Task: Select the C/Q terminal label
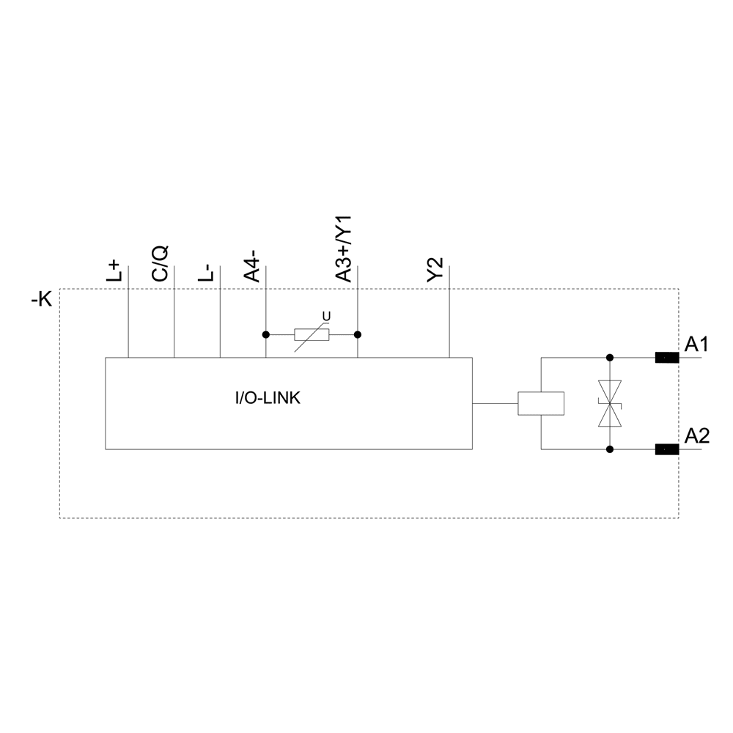pyautogui.click(x=160, y=263)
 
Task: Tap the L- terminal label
pyautogui.click(x=207, y=273)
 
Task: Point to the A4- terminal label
pyautogui.click(x=252, y=266)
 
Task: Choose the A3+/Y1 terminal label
pyautogui.click(x=344, y=248)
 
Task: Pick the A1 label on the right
pyautogui.click(x=696, y=344)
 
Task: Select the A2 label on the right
pyautogui.click(x=696, y=436)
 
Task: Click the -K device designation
pyautogui.click(x=42, y=300)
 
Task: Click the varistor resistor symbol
pyautogui.click(x=312, y=335)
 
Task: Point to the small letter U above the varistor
pyautogui.click(x=327, y=316)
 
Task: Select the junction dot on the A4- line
pyautogui.click(x=265, y=335)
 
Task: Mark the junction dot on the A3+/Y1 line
pyautogui.click(x=358, y=335)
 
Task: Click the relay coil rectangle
pyautogui.click(x=541, y=404)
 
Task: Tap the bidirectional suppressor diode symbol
pyautogui.click(x=609, y=403)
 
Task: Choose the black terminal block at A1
pyautogui.click(x=666, y=358)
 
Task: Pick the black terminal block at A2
pyautogui.click(x=666, y=449)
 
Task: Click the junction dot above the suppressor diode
pyautogui.click(x=609, y=358)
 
